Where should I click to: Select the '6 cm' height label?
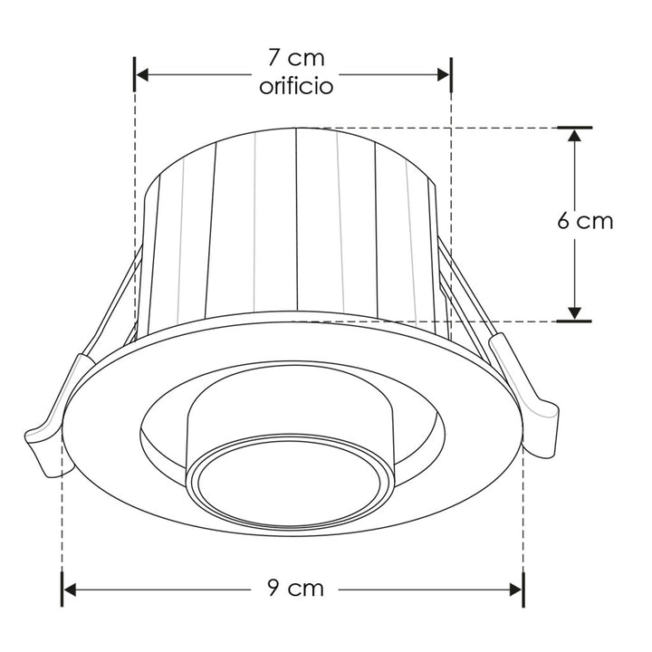tap(584, 222)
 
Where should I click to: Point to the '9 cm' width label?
tap(295, 589)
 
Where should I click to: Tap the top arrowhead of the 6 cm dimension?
tap(573, 137)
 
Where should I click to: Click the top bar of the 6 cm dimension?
tap(573, 127)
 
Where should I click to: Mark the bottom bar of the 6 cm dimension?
tap(573, 321)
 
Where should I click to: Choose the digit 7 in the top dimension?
tap(273, 59)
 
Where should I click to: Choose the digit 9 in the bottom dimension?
tap(273, 589)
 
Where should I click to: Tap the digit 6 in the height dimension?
tap(563, 222)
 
